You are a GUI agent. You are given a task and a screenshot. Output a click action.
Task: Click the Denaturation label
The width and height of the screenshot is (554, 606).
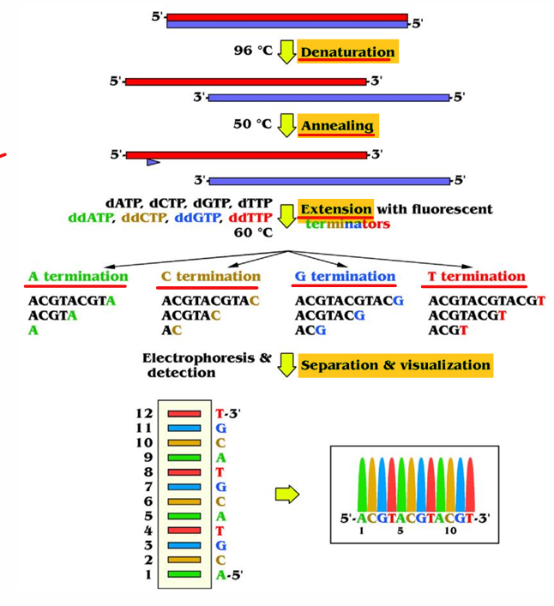click(346, 52)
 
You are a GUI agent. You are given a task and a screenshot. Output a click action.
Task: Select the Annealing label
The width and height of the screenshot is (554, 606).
click(337, 126)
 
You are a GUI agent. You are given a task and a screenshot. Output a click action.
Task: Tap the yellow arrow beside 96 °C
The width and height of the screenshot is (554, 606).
click(286, 51)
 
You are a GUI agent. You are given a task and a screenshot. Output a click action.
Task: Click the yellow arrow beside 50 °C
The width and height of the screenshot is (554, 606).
click(286, 125)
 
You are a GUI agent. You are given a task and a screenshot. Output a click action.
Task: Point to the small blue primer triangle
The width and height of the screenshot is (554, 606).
click(153, 162)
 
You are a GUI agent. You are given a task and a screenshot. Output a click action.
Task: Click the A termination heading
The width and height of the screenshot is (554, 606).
click(77, 277)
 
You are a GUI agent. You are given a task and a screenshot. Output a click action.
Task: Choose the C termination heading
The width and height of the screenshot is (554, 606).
click(210, 277)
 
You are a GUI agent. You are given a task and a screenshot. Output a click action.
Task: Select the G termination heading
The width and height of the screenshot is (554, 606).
click(345, 277)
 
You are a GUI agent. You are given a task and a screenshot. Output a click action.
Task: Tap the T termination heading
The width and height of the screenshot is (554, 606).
click(477, 277)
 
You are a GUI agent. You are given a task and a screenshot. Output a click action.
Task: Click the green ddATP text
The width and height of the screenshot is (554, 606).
click(90, 218)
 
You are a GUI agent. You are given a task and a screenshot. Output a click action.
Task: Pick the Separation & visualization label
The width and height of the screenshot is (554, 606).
click(394, 365)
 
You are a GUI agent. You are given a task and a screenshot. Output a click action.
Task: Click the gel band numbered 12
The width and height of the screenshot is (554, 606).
click(184, 412)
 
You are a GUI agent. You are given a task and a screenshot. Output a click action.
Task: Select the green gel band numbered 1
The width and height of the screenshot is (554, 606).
click(184, 574)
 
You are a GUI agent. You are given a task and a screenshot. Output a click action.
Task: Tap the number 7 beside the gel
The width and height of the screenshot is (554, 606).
click(149, 486)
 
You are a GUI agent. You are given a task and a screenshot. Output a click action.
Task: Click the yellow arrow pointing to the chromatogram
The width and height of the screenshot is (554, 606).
click(286, 494)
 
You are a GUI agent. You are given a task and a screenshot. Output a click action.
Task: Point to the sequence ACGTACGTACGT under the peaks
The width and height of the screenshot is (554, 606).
click(414, 518)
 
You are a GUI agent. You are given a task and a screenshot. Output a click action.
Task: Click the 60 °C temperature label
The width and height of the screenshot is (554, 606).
click(252, 231)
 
